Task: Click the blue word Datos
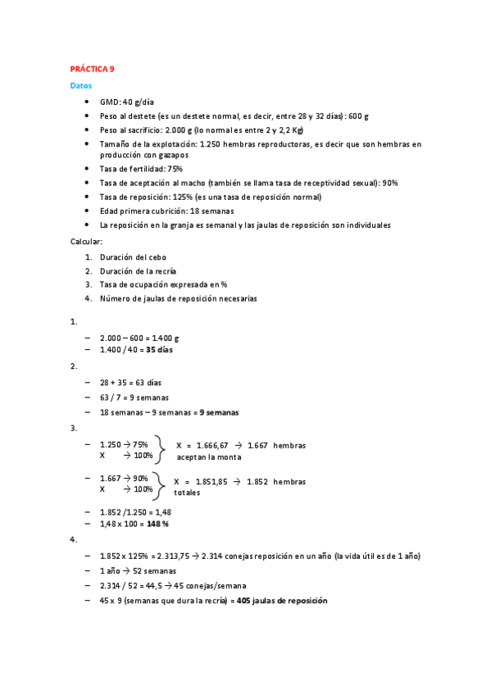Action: coord(80,85)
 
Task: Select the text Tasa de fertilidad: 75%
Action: coord(141,168)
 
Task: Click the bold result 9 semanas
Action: coord(225,412)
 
